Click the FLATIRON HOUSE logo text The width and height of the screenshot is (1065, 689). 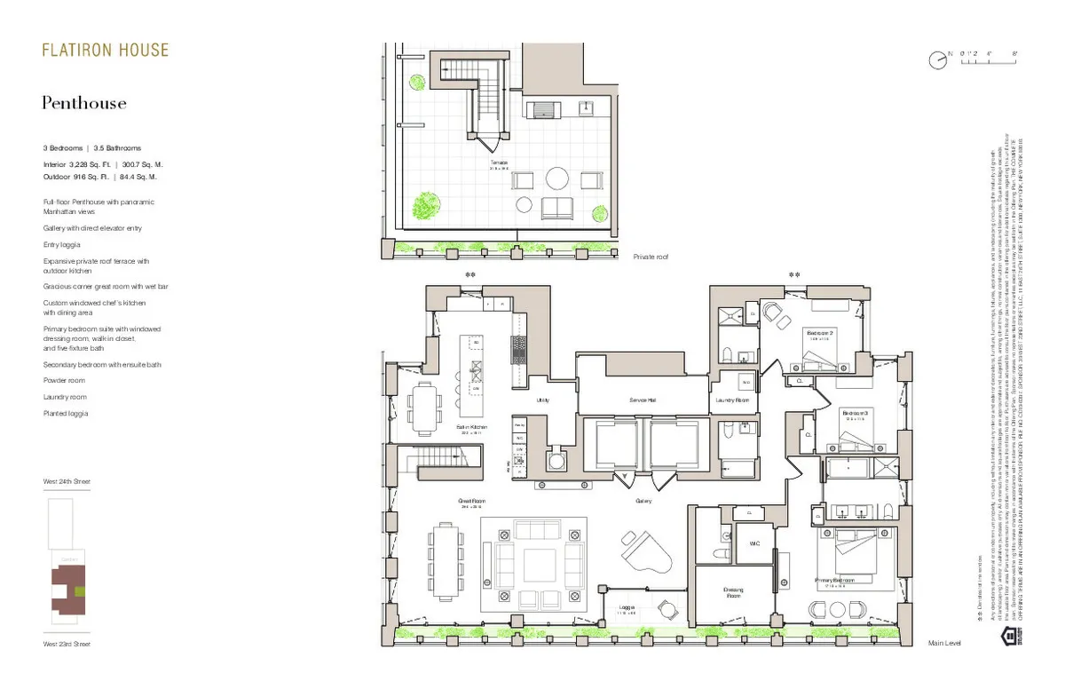pos(105,51)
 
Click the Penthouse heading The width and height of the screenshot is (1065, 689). pos(84,104)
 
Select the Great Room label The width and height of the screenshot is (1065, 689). pos(471,502)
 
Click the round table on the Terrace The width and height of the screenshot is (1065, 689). pos(556,179)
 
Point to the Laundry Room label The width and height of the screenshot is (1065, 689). pos(732,400)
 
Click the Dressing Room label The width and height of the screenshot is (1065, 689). pos(733,593)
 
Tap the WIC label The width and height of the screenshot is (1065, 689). pos(754,543)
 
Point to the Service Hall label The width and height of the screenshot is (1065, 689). pos(642,400)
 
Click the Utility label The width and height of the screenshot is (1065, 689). pos(542,400)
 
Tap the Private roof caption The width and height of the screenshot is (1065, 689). pos(651,257)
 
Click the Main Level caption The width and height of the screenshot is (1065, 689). pos(944,642)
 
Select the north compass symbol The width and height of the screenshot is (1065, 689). pos(937,60)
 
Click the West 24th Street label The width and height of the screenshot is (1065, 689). pos(67,481)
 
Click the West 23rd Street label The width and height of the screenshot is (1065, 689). pos(67,644)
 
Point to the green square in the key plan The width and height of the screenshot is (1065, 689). pos(81,590)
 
